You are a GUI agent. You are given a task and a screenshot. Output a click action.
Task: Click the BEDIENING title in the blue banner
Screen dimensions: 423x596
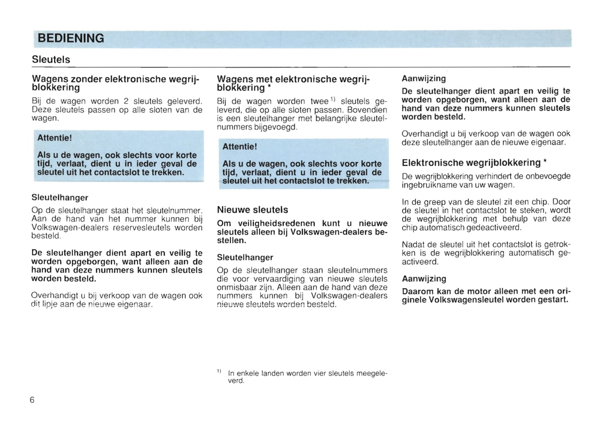(71, 38)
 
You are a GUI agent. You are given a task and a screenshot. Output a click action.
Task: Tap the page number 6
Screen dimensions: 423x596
(32, 399)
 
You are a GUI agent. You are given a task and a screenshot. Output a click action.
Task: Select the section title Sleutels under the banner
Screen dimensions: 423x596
(51, 59)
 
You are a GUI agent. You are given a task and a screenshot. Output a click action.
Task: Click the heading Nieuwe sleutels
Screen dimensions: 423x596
(252, 210)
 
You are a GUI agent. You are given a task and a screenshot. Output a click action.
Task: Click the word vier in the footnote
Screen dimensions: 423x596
(320, 374)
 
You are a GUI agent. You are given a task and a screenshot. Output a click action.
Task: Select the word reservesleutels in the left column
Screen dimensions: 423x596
(145, 228)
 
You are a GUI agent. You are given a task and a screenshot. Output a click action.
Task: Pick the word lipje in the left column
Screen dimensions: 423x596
(50, 305)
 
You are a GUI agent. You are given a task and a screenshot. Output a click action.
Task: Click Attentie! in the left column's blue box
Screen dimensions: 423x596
(54, 138)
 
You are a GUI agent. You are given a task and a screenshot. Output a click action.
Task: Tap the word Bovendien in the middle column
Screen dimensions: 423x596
(367, 110)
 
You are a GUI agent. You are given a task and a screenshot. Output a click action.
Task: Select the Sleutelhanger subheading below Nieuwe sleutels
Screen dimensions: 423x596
(245, 257)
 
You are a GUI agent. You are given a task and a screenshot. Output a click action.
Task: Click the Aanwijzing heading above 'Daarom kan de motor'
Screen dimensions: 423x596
(424, 279)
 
